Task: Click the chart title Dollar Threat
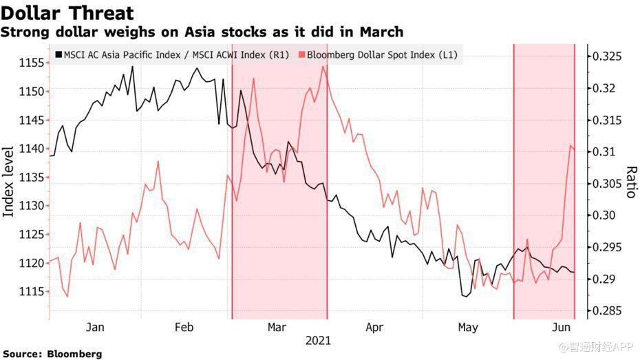(67, 12)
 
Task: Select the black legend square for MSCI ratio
(58, 54)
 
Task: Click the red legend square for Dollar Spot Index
(302, 54)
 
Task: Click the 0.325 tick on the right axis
(608, 56)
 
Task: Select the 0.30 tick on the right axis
(604, 215)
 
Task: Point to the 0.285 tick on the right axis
(608, 311)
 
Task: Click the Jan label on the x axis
(95, 327)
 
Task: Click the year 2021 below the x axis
(318, 341)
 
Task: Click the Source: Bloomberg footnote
(52, 354)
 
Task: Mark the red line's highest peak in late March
(323, 66)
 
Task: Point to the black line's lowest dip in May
(465, 297)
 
